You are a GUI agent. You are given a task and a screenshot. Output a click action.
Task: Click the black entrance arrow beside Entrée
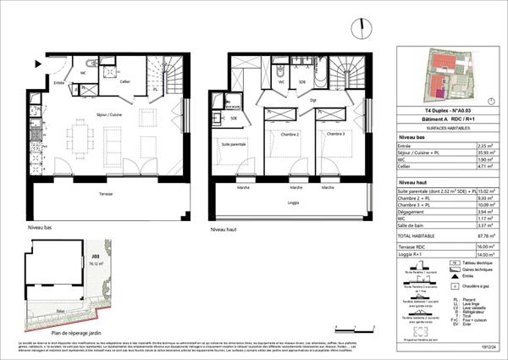[x=38, y=64]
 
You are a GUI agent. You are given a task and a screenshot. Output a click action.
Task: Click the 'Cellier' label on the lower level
[x=124, y=80]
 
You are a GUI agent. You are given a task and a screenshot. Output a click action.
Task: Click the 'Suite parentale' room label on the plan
[x=235, y=145]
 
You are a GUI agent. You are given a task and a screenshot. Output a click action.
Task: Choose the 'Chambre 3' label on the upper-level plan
[x=335, y=134]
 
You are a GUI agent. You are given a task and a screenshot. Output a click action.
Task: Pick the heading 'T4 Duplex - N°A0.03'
[x=436, y=110]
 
